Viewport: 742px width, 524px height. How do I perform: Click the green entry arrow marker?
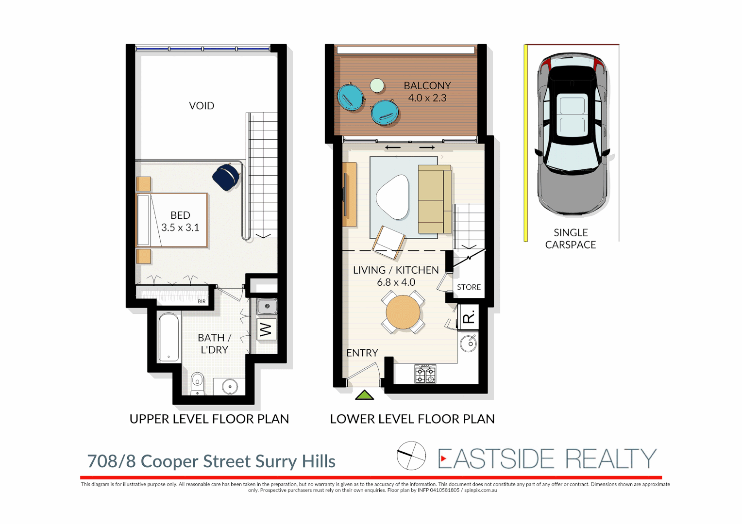click(x=364, y=395)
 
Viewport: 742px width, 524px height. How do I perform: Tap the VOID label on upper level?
click(x=202, y=106)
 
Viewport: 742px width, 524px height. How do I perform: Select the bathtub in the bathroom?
click(x=169, y=338)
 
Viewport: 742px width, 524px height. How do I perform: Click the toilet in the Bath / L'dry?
click(x=197, y=381)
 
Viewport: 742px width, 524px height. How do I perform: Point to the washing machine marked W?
click(x=266, y=330)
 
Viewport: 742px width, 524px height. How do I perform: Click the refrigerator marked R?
click(x=469, y=318)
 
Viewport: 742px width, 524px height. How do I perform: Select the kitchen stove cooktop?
click(x=425, y=374)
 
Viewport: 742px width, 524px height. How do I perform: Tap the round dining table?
click(x=403, y=312)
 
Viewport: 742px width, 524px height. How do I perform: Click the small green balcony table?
click(x=377, y=86)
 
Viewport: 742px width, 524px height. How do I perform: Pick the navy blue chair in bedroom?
click(x=226, y=176)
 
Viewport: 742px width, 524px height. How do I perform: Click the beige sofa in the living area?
click(x=434, y=199)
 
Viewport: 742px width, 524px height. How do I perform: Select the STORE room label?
click(x=469, y=287)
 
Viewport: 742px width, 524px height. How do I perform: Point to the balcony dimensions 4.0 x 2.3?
click(x=427, y=98)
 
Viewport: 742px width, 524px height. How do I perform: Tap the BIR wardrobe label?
click(x=202, y=302)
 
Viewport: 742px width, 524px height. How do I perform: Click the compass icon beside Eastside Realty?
click(x=411, y=456)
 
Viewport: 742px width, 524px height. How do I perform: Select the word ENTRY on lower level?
click(x=362, y=353)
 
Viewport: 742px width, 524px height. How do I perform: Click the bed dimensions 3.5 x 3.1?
click(x=180, y=228)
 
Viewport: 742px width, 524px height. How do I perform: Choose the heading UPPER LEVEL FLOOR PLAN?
click(x=209, y=419)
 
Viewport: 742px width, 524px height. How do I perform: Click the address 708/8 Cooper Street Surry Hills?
click(x=211, y=461)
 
